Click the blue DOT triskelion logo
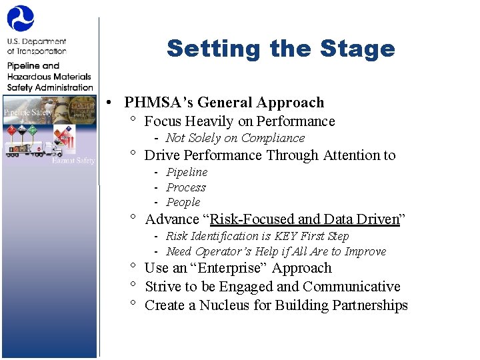21,18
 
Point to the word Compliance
273,138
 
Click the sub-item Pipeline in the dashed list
187,172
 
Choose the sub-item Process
186,187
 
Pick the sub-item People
183,202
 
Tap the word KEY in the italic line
287,236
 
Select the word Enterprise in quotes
225,268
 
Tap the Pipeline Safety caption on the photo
27,113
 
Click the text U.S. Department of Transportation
37,46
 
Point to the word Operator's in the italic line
224,251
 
